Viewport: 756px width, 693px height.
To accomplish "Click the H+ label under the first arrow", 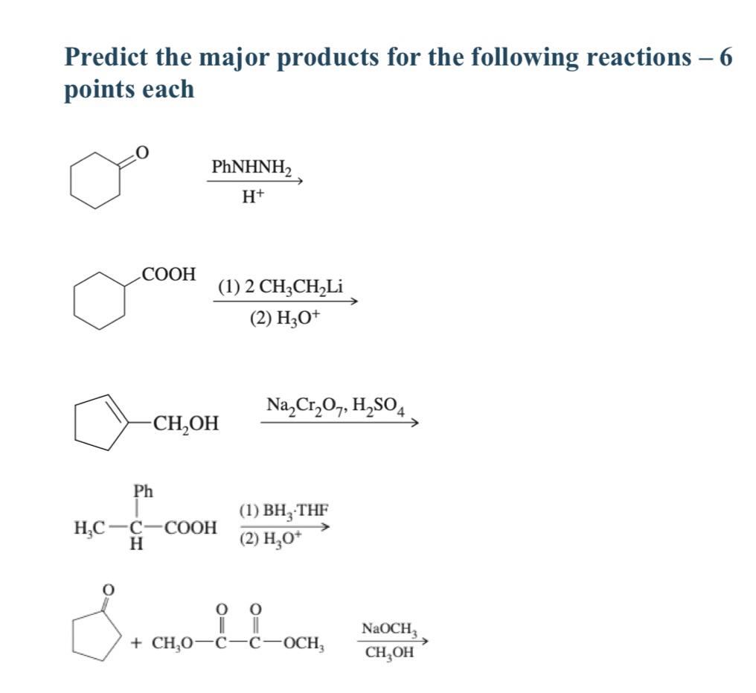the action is (x=254, y=198).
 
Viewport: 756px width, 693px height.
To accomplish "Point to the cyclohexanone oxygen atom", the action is (x=142, y=152).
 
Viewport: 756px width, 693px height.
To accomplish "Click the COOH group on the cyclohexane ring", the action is (x=169, y=274).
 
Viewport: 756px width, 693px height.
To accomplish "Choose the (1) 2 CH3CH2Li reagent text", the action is (x=281, y=287).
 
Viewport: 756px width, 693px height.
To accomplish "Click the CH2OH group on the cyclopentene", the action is (x=185, y=424).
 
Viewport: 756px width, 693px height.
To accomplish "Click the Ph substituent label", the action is (x=143, y=491).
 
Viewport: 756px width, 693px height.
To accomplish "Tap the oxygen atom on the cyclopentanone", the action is (x=108, y=589).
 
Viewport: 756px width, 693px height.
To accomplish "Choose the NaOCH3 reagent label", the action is (x=387, y=629).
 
